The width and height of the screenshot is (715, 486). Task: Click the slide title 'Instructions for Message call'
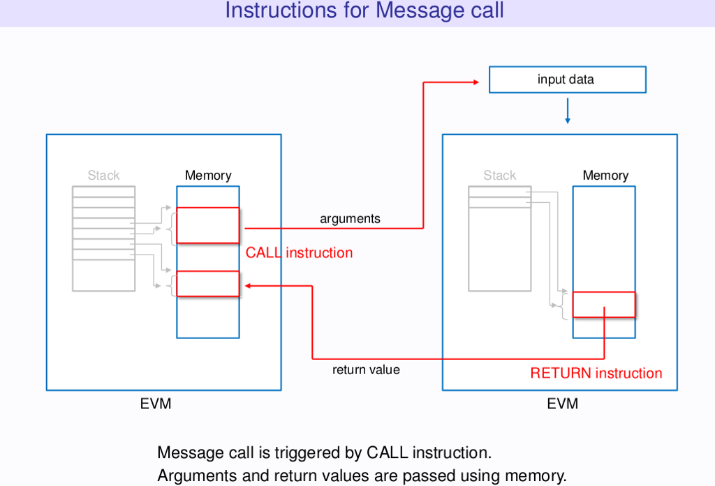tap(364, 11)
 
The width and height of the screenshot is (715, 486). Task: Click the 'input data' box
tap(567, 80)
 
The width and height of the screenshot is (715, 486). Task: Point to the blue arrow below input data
tap(568, 111)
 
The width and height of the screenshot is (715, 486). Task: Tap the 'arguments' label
tap(350, 219)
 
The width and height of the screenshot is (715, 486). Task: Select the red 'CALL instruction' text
tap(299, 253)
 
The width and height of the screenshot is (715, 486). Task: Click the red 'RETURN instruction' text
tap(596, 373)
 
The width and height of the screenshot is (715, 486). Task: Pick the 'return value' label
tap(366, 370)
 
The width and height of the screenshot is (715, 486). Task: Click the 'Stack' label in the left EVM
tap(103, 176)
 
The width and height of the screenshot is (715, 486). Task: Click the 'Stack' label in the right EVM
tap(499, 176)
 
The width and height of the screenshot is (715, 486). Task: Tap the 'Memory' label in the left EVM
tap(208, 176)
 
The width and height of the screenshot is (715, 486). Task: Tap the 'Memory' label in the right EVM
tap(605, 176)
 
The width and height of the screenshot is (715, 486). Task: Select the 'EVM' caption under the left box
tap(156, 403)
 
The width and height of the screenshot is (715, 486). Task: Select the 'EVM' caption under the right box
tap(563, 403)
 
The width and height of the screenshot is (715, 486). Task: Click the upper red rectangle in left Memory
tap(208, 225)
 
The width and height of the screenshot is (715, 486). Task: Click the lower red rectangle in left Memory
tap(208, 283)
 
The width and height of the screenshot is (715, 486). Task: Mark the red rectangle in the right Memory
tap(604, 305)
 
